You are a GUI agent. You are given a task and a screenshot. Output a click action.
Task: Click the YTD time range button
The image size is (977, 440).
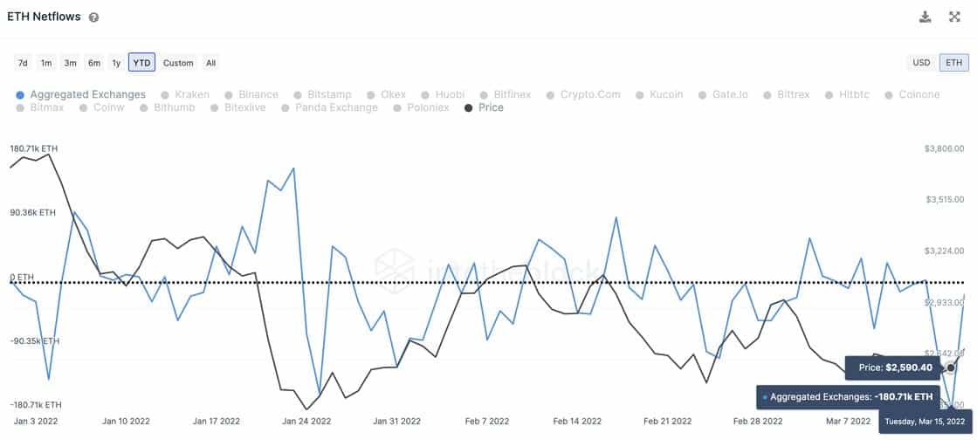(x=141, y=63)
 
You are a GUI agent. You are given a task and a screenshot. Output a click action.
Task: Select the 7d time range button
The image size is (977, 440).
(x=23, y=63)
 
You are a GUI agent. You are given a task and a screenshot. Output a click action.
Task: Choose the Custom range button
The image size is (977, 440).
(x=178, y=63)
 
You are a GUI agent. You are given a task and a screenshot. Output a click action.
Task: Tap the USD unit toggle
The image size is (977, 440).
(x=921, y=63)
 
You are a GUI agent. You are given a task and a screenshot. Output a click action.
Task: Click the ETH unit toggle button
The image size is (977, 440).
(x=953, y=63)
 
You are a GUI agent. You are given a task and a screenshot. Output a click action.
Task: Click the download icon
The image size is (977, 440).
(x=925, y=17)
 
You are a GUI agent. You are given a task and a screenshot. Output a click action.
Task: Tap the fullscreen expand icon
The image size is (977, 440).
(x=954, y=17)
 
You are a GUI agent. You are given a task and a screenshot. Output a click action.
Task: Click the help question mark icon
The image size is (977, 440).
(x=93, y=17)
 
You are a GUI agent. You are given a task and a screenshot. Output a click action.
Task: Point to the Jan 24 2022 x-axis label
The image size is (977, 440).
(x=306, y=421)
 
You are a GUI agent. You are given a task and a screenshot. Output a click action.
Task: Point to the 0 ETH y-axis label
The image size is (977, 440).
(x=22, y=278)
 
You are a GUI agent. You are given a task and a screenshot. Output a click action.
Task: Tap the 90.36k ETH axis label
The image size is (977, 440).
(x=33, y=213)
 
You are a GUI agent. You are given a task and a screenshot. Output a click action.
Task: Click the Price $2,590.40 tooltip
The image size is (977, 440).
(x=891, y=368)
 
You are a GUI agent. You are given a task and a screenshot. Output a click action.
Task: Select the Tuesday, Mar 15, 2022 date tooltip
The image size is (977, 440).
(x=924, y=422)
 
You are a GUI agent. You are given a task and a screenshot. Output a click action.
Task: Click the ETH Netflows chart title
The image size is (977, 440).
(x=44, y=17)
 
